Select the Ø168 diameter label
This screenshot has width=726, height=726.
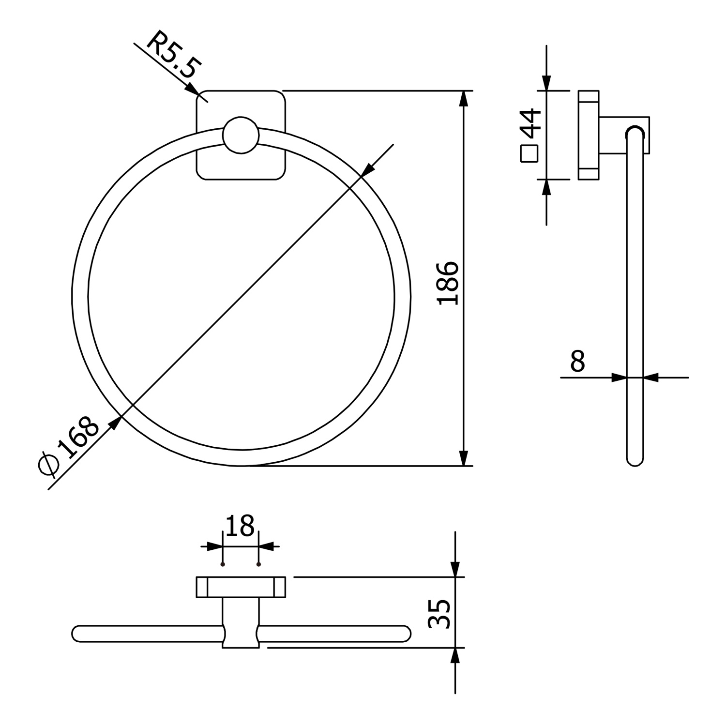tap(69, 445)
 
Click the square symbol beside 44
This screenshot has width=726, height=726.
tap(529, 154)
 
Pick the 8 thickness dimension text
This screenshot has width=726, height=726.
tap(577, 361)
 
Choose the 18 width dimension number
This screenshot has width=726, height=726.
tap(240, 526)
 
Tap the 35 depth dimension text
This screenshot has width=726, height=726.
tap(440, 614)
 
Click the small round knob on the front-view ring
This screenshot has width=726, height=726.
tap(241, 135)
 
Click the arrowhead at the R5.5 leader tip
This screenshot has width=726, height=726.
tap(193, 90)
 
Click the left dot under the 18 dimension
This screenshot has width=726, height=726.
tap(223, 564)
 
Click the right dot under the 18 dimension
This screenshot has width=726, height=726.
tap(259, 564)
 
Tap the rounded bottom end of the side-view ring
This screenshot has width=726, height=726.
tap(635, 460)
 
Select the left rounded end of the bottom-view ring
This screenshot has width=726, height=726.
tap(78, 634)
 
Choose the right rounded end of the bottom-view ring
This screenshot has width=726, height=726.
tap(405, 634)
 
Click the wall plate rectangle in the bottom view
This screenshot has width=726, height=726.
tap(241, 587)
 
